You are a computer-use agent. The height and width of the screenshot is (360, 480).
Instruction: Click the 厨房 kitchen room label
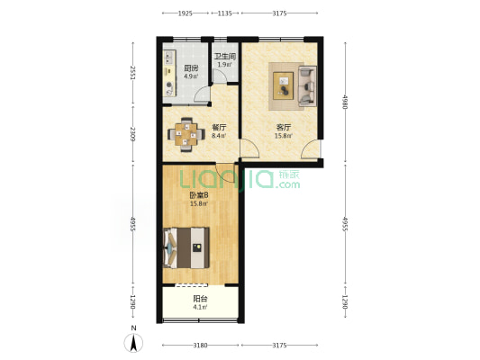191,67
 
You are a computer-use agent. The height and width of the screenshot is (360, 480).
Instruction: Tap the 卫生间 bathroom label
225,57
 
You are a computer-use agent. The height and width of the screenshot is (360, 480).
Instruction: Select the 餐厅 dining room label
219,127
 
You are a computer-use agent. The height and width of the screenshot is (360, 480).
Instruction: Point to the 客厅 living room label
284,127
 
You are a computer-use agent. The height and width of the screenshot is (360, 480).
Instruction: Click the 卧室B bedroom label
199,194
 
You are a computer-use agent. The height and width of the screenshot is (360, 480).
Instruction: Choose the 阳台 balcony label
200,299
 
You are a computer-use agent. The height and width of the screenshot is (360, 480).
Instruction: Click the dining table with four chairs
186,135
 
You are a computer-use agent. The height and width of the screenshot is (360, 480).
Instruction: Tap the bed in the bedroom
186,247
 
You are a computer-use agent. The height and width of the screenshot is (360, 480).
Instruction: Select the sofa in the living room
307,85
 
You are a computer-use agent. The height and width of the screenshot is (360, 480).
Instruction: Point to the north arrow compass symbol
133,342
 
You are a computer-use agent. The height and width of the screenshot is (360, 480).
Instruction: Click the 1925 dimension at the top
186,13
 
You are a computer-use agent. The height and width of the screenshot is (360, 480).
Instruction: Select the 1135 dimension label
225,13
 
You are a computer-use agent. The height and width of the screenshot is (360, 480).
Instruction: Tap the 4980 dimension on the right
345,103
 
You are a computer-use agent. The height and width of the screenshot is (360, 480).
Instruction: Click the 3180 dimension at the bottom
200,346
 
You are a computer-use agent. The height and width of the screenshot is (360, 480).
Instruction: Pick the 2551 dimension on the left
133,73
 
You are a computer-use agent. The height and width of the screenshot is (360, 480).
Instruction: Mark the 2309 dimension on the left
133,134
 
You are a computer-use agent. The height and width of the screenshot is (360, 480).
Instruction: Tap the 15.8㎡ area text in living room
284,136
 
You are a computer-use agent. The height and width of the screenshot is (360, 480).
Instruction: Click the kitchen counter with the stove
170,74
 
